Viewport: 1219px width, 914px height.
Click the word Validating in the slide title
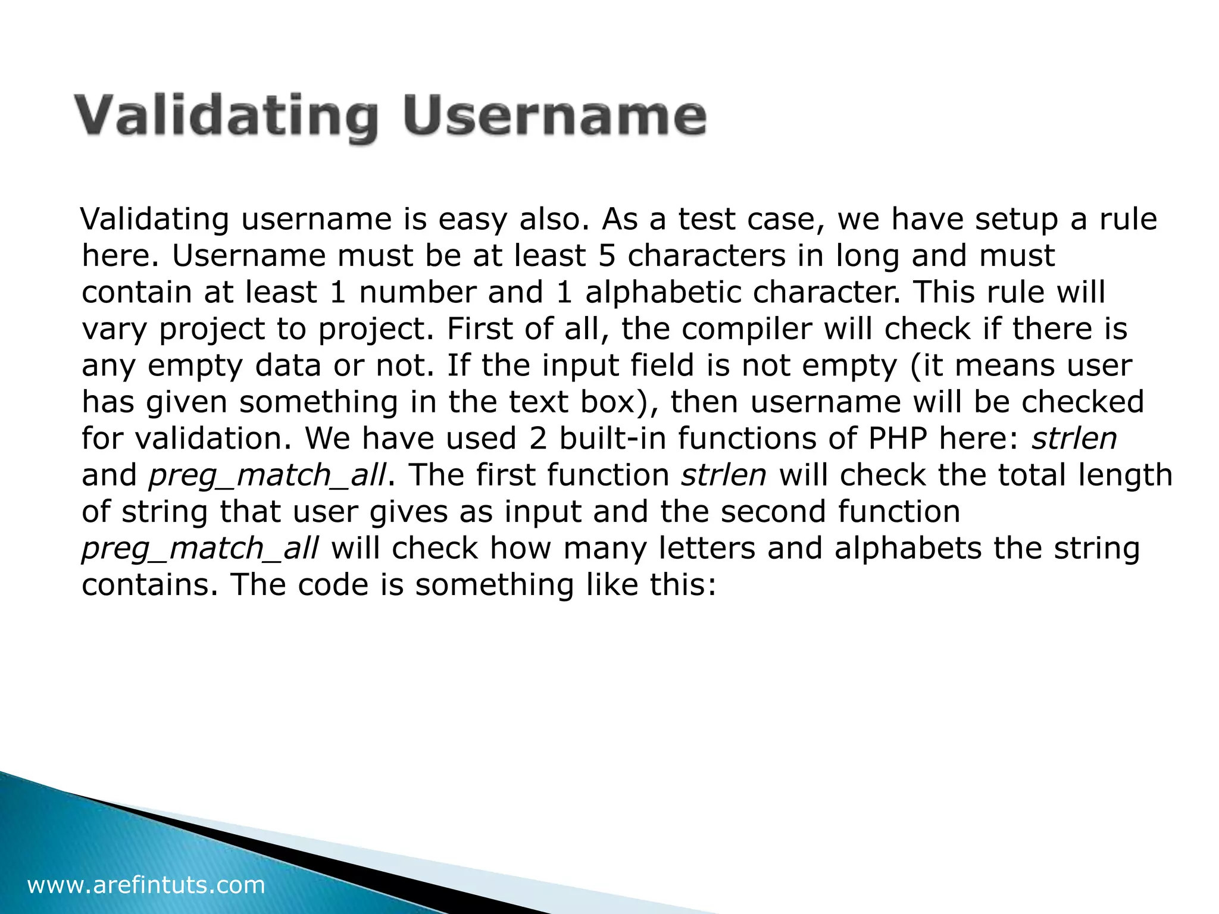coord(226,117)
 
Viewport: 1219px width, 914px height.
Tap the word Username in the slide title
coord(554,117)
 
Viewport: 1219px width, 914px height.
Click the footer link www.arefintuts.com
coord(146,885)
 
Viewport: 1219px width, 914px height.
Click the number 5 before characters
coord(607,256)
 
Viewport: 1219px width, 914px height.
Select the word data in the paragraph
coord(288,365)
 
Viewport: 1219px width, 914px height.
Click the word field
coord(662,365)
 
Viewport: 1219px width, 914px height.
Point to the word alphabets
coord(908,549)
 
